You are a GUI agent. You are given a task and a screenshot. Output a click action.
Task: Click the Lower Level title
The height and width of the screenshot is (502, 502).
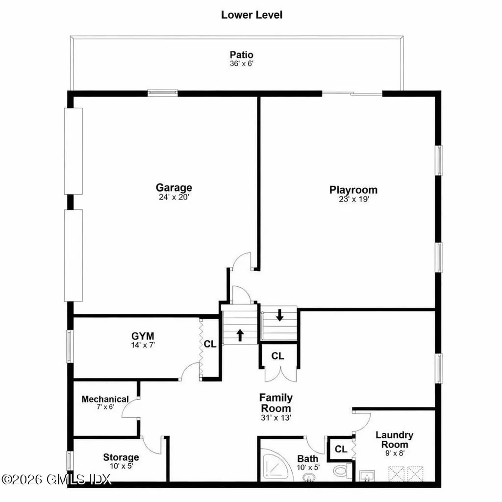click(x=251, y=15)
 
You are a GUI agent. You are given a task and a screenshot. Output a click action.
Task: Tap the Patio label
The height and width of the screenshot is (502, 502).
click(x=242, y=54)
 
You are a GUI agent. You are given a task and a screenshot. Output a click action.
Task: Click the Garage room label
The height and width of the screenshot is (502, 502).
click(x=174, y=187)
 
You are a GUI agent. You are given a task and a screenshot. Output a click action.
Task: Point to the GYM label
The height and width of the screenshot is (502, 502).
click(x=143, y=336)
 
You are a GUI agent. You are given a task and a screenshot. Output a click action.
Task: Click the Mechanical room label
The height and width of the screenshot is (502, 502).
click(x=105, y=399)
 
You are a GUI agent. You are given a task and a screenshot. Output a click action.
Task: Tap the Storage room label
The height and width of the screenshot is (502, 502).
click(x=121, y=457)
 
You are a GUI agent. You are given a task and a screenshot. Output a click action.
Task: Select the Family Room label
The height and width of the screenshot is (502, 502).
click(x=276, y=403)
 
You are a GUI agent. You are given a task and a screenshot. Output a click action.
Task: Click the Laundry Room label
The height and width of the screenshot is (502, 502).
click(x=394, y=439)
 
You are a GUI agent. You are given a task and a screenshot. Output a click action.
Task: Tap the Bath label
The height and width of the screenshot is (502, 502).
click(x=308, y=459)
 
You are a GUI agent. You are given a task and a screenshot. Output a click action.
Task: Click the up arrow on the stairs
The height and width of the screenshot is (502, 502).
click(x=240, y=335)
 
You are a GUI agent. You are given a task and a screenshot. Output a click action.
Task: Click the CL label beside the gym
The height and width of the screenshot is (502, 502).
click(x=210, y=344)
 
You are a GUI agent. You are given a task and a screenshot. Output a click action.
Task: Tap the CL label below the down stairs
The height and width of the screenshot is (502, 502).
click(x=277, y=356)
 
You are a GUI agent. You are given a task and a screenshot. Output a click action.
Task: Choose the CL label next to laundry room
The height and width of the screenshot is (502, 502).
click(x=341, y=449)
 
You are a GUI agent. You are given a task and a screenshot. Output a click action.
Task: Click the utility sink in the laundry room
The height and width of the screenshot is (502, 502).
click(x=367, y=476)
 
